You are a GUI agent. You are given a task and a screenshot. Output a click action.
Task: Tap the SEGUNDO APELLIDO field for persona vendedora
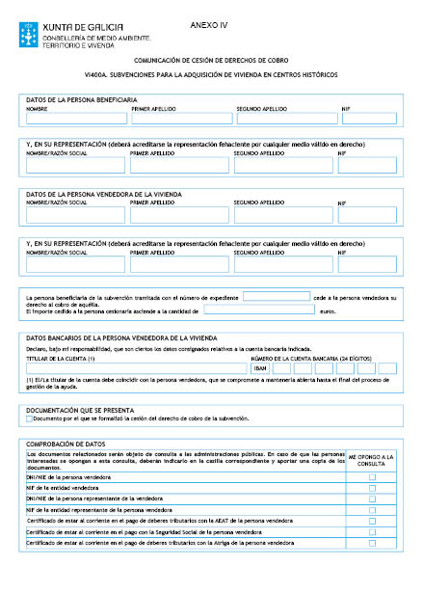coord(281,215)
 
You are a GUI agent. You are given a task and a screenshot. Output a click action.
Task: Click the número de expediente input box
coord(276,298)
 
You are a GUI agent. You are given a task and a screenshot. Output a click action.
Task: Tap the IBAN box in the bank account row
coord(260,368)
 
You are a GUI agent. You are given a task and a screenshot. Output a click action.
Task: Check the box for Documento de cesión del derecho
coord(30,418)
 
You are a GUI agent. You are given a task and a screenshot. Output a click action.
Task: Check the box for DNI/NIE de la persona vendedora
coord(372,476)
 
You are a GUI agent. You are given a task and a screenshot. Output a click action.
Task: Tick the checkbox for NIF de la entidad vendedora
coord(372,488)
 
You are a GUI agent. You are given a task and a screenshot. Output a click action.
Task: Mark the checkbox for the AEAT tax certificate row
coord(372,520)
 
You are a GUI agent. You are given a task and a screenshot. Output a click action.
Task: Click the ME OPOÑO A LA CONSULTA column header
coord(372,460)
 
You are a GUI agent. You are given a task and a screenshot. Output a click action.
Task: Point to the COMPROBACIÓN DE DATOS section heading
coord(64,443)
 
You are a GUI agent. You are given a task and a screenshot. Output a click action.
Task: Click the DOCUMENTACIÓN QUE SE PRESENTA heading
coord(81,409)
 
